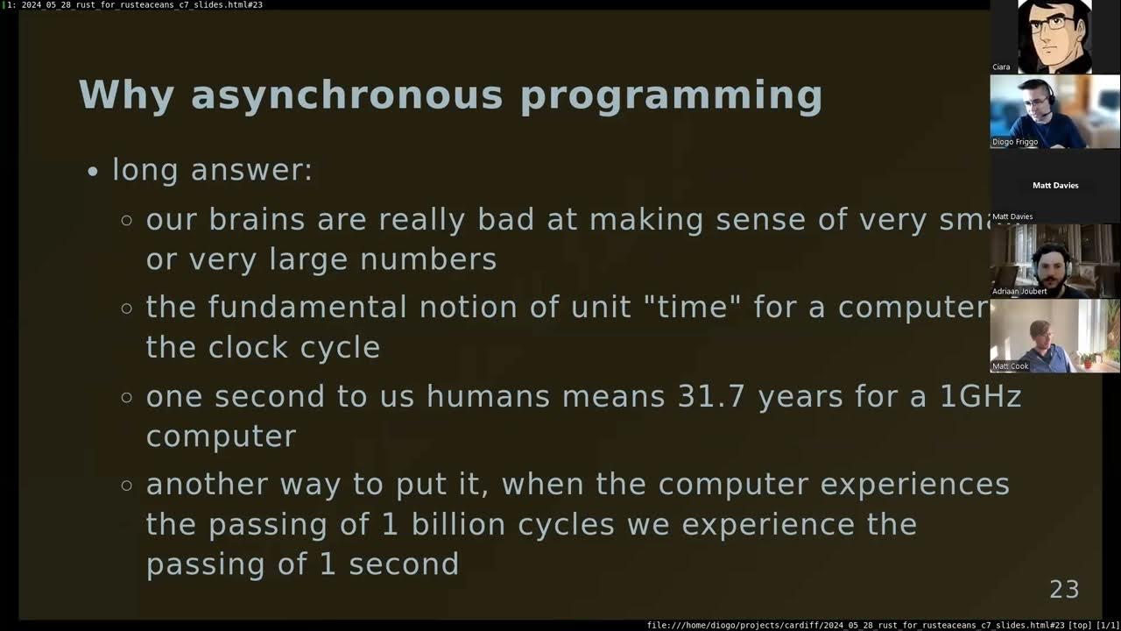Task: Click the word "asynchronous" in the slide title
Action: tap(347, 96)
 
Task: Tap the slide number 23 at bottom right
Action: tap(1064, 590)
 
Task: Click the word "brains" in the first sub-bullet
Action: tap(258, 220)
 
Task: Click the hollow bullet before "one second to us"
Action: tap(127, 397)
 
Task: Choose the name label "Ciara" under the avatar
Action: tap(1001, 67)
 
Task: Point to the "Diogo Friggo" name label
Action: tap(1015, 142)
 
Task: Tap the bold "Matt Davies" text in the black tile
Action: tap(1055, 186)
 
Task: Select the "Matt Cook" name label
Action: tap(1011, 366)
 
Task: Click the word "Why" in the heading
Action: tap(126, 96)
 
